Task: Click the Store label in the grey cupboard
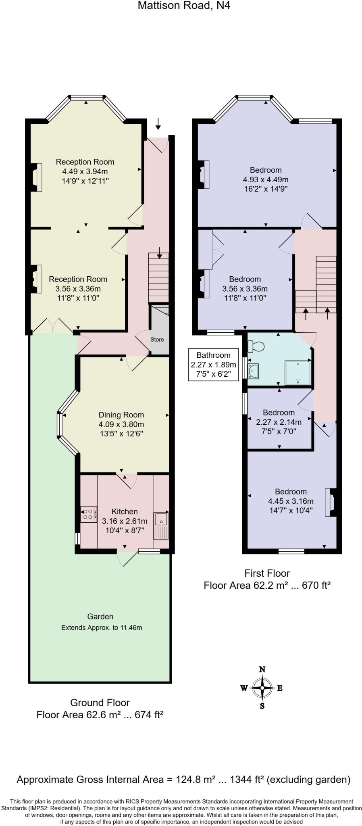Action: pyautogui.click(x=157, y=340)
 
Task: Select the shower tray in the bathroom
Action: pyautogui.click(x=298, y=373)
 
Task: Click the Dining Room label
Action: pyautogui.click(x=121, y=415)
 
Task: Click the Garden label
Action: pyautogui.click(x=100, y=616)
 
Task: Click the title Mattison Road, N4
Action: pyautogui.click(x=184, y=6)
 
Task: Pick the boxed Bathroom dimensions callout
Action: pyautogui.click(x=214, y=365)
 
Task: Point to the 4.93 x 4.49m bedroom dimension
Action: pyautogui.click(x=266, y=179)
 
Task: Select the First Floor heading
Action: pyautogui.click(x=267, y=573)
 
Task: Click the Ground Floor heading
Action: pyautogui.click(x=100, y=703)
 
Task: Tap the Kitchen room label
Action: pyautogui.click(x=125, y=511)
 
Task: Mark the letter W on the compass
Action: pyautogui.click(x=244, y=688)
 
